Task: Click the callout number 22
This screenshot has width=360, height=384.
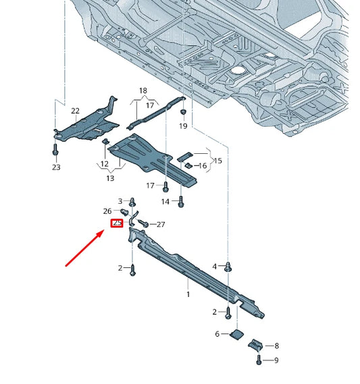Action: coord(75,111)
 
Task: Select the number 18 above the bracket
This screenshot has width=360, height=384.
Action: coord(143,90)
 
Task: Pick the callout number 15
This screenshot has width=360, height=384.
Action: coord(217,161)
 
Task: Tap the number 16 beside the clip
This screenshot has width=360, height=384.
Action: coord(202,165)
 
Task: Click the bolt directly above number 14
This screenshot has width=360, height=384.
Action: coord(181,200)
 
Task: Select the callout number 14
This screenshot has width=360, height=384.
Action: coord(165,201)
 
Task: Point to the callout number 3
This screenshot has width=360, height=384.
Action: coord(121,201)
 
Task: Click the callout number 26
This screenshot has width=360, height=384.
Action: coord(107,211)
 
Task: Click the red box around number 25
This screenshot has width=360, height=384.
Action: coord(116,223)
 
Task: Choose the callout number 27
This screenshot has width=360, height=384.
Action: coord(161,224)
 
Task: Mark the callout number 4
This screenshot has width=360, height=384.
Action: coord(215,267)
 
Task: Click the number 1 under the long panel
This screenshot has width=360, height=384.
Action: coord(188,294)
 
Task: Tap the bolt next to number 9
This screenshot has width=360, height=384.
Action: coord(259,361)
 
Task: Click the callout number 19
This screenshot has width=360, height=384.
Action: coord(183,126)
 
